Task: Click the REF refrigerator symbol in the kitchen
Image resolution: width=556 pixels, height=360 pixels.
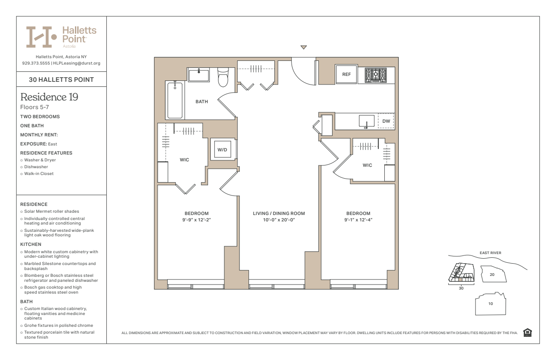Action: [346, 74]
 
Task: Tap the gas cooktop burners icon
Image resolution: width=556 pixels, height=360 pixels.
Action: [376, 75]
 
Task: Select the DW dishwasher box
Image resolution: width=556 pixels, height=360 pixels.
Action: [386, 121]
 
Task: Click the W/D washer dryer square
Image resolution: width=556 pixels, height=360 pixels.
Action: [223, 149]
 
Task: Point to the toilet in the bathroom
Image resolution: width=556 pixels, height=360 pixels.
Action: [223, 77]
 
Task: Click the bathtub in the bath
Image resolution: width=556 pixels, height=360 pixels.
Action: [175, 100]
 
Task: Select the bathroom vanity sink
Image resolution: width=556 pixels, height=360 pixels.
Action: [199, 75]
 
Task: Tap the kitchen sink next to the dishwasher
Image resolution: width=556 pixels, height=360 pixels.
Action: [367, 121]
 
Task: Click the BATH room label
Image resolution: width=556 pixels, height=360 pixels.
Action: [202, 102]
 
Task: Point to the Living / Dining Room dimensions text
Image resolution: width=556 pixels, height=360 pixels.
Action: [279, 220]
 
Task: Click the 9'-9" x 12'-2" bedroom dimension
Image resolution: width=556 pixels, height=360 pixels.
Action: [197, 220]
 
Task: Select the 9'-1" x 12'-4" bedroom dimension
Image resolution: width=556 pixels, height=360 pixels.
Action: [358, 220]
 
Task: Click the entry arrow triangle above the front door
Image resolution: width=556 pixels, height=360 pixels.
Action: [303, 47]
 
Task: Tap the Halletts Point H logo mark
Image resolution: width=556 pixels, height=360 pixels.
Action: [41, 37]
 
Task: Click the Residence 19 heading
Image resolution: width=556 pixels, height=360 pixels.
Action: [49, 97]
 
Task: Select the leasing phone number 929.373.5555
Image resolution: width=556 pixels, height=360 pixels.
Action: [36, 63]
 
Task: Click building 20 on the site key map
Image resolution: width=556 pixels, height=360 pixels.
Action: [493, 274]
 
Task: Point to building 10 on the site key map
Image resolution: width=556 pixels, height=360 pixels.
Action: [491, 304]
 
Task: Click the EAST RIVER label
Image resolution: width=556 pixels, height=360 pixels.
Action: [491, 253]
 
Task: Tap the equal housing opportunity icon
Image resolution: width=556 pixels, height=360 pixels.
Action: [527, 333]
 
